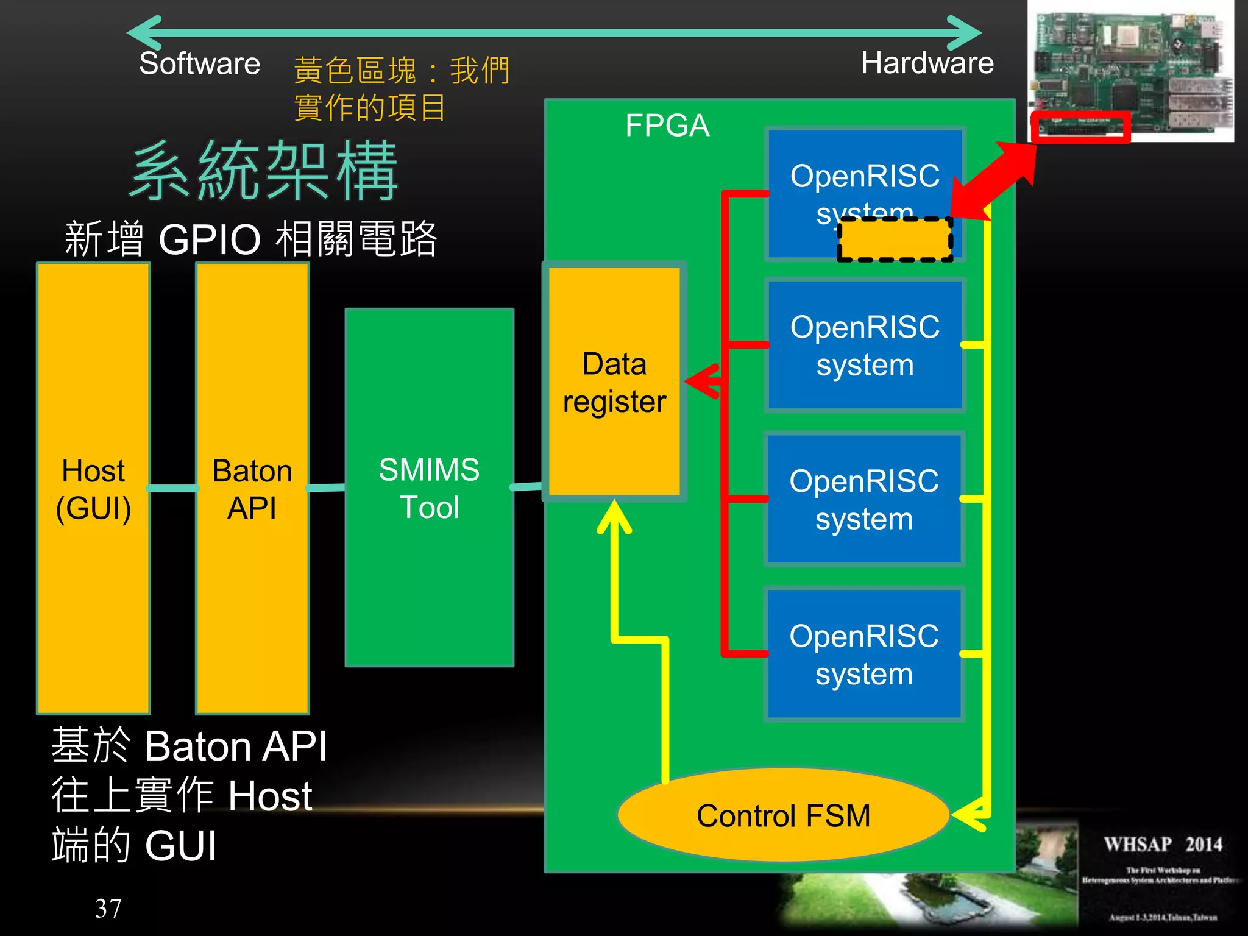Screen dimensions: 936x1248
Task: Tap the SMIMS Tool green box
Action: point(430,487)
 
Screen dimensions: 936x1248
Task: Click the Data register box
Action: point(614,382)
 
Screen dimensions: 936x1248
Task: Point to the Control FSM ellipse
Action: point(784,815)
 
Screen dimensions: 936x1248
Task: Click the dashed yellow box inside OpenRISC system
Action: point(895,239)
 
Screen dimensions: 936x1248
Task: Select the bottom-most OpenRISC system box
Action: point(864,654)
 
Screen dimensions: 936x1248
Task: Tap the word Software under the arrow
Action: point(199,63)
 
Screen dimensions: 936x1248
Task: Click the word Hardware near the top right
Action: point(927,63)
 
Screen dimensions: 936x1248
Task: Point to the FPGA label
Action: point(667,126)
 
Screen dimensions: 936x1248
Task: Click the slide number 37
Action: point(108,908)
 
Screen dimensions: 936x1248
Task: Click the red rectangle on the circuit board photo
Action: point(1080,127)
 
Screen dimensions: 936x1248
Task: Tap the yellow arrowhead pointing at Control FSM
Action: point(969,815)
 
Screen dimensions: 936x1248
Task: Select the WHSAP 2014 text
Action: point(1163,845)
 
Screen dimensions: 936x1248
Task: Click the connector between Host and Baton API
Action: point(173,488)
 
